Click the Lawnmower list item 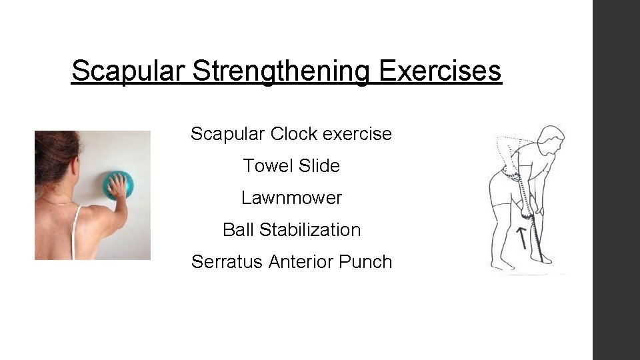(x=291, y=198)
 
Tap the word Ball (x=238, y=230)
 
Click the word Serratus (x=227, y=262)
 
